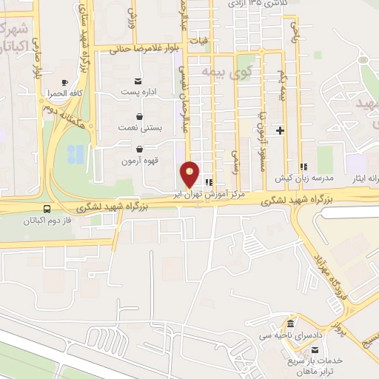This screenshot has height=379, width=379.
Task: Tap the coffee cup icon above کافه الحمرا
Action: [x=64, y=82]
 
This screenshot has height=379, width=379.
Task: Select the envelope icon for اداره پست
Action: [x=138, y=81]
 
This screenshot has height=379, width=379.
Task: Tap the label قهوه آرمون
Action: [x=138, y=161]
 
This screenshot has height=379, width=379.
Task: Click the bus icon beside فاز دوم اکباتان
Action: [x=48, y=209]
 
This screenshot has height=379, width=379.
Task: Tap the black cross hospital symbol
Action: [x=280, y=131]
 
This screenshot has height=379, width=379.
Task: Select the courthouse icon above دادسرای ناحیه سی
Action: [x=289, y=325]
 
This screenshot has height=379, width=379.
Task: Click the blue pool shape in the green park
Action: [x=76, y=154]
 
